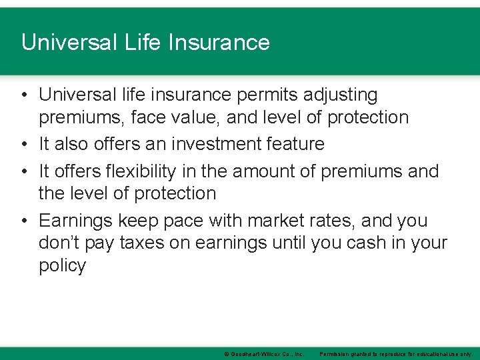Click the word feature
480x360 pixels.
(x=295, y=144)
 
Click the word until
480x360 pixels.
(x=290, y=243)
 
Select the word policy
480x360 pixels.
(x=62, y=266)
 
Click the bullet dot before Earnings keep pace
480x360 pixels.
(x=24, y=221)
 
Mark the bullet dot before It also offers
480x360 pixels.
(x=24, y=144)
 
